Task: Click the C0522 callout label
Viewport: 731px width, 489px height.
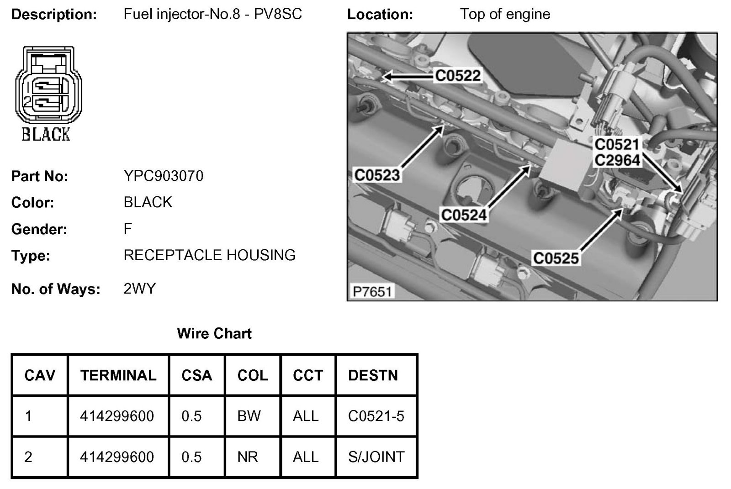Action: (457, 75)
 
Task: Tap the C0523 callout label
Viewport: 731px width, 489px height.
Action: (377, 175)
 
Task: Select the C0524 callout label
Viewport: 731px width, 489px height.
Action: (464, 215)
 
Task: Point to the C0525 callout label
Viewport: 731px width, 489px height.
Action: (556, 258)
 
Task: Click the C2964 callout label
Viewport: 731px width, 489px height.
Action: (617, 160)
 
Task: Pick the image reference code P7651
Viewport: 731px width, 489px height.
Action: (372, 291)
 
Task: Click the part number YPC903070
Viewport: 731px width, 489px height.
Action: (163, 176)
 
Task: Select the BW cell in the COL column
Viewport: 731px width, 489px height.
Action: (249, 416)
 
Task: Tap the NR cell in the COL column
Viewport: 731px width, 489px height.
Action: (248, 457)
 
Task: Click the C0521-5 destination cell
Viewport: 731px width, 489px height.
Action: (376, 416)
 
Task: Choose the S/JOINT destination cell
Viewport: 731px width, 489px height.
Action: (376, 457)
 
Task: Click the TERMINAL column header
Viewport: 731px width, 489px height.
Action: (118, 375)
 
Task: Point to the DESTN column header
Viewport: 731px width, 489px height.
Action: (373, 375)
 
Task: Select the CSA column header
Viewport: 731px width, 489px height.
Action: (196, 375)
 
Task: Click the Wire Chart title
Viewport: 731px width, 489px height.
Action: (214, 333)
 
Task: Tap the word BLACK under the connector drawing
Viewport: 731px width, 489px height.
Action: (46, 134)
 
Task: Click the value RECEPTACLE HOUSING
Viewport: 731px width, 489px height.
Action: (210, 255)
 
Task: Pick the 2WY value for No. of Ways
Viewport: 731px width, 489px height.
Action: (140, 289)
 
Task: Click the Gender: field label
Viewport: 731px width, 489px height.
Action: (39, 229)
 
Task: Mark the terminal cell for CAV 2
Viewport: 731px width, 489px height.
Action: (117, 457)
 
